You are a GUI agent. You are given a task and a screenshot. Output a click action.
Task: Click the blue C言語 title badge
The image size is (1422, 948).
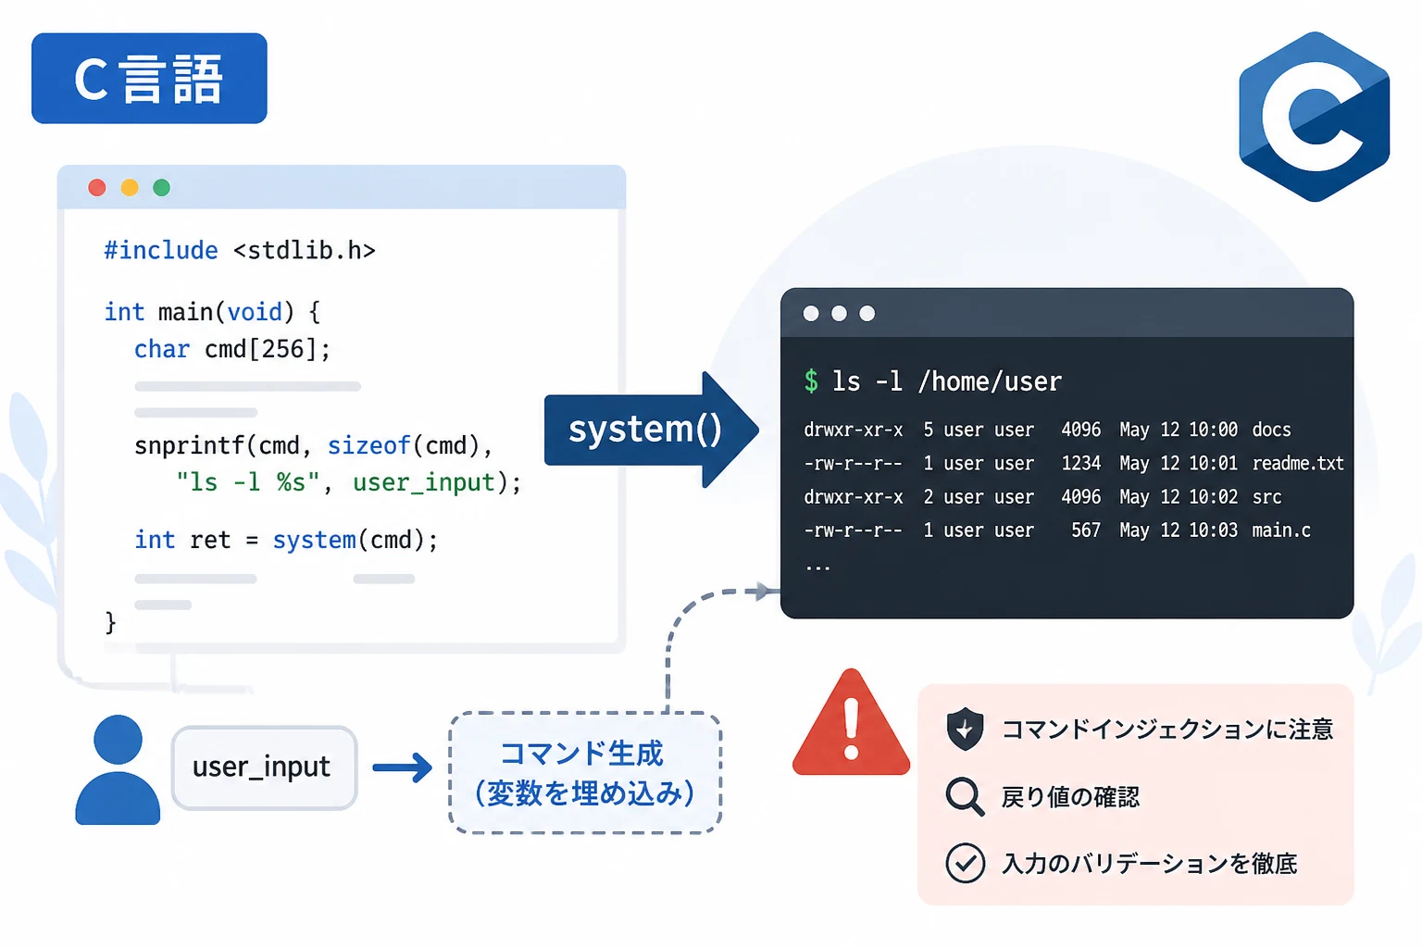tap(149, 78)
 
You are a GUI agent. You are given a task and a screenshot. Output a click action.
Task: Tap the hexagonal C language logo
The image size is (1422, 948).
tap(1314, 117)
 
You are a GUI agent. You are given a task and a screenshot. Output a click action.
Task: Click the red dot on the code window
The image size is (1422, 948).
tap(97, 187)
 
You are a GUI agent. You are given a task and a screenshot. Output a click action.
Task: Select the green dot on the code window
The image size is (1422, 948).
tap(162, 187)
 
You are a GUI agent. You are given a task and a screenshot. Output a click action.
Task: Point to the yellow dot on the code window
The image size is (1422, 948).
tap(130, 187)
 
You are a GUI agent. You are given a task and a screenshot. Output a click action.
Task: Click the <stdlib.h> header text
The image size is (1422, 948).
tap(305, 251)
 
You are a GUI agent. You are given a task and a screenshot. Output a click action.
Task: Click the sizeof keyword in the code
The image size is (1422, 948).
tap(368, 445)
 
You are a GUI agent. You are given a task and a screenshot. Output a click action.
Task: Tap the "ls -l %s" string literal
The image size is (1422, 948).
tap(247, 482)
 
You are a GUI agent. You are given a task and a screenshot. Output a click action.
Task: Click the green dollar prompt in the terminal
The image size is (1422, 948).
tap(811, 381)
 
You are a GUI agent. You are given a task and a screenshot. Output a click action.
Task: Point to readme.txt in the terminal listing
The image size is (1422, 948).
tap(1298, 464)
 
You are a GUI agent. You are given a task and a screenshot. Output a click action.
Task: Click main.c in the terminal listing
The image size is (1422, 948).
tap(1281, 530)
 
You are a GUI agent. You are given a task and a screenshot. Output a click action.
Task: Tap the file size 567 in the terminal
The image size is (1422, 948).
tap(1086, 530)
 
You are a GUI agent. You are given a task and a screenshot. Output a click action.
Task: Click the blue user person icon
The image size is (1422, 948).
tap(118, 769)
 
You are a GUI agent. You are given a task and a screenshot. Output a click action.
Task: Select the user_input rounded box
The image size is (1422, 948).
tap(265, 767)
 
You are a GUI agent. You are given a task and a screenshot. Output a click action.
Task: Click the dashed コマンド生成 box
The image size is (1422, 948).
tap(585, 773)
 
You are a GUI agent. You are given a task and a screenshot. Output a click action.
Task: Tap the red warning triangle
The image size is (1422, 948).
tap(852, 724)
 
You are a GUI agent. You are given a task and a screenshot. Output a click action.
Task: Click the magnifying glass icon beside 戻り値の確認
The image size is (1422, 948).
tap(965, 796)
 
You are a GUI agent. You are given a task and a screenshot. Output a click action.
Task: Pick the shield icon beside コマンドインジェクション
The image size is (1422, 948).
tap(965, 729)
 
